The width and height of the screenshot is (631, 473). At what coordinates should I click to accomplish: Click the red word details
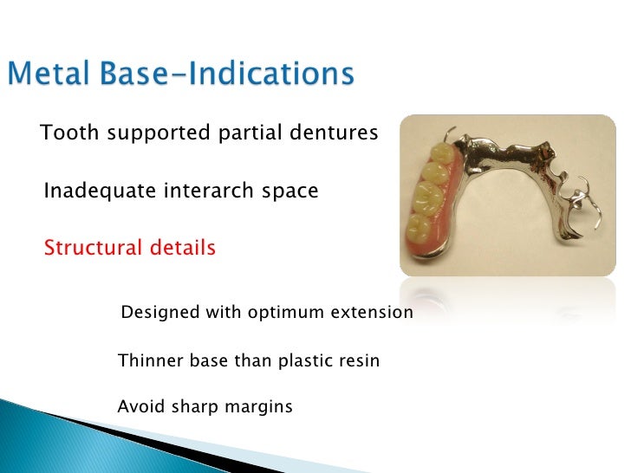181,249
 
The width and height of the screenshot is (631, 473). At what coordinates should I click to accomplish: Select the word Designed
159,312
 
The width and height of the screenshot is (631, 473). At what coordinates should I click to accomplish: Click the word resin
359,360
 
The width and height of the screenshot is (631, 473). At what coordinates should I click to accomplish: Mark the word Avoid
136,406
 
